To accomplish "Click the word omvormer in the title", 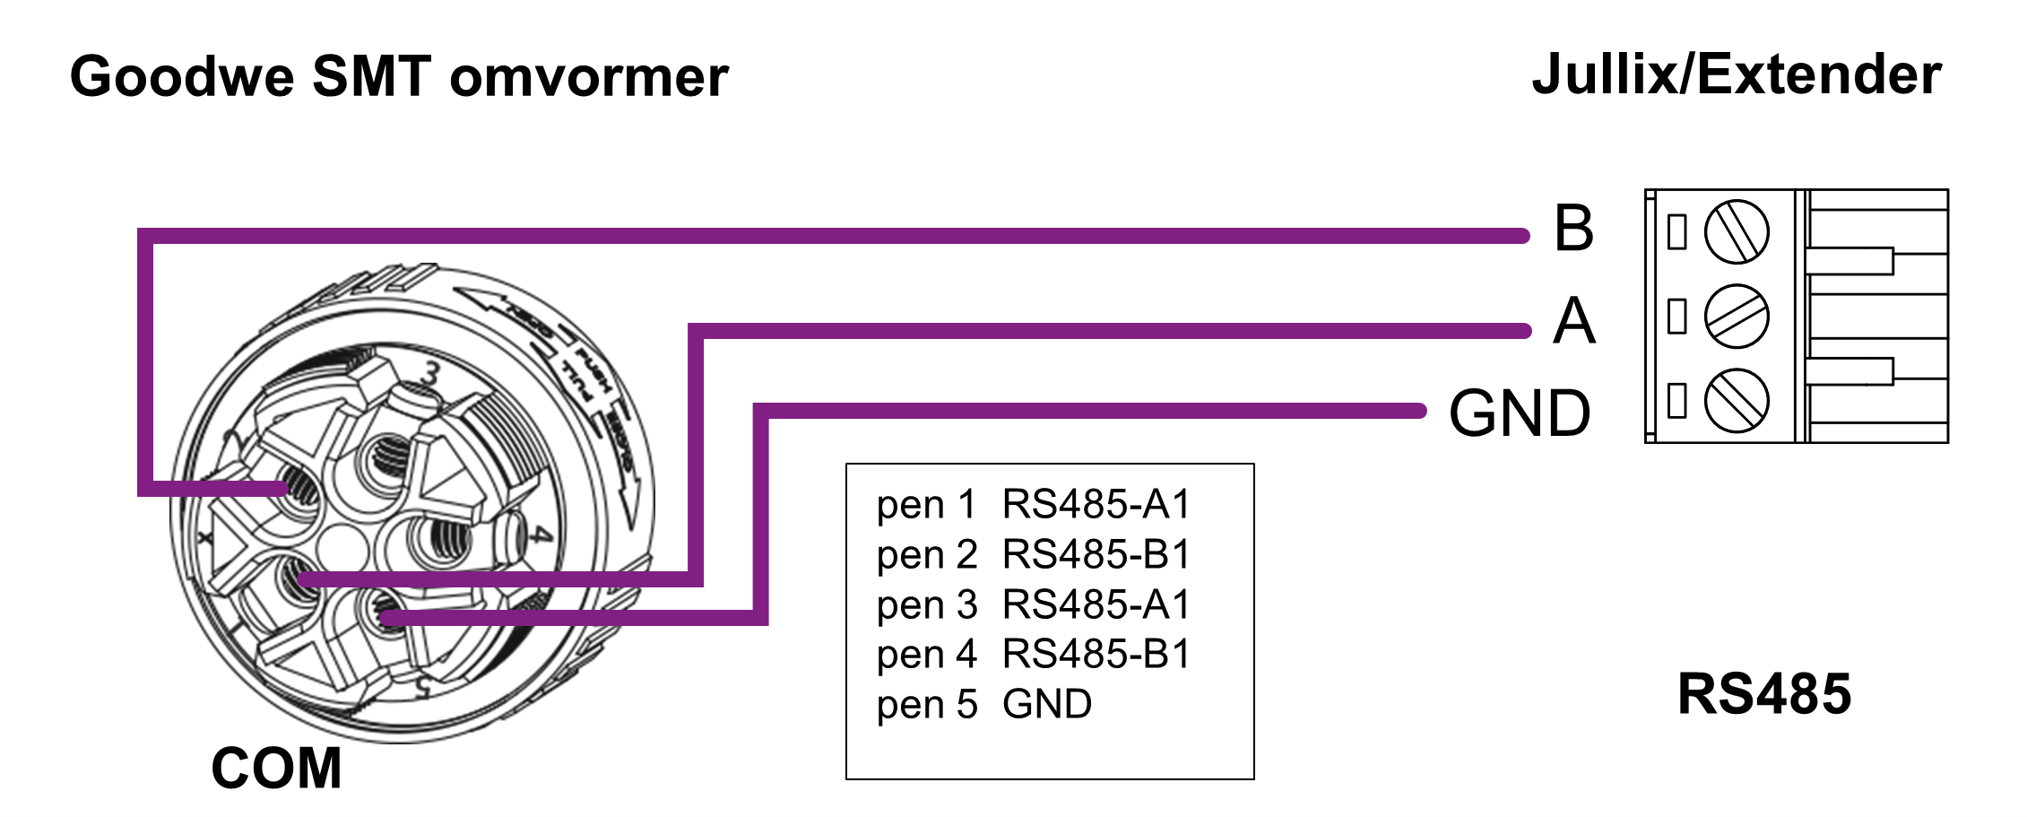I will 589,77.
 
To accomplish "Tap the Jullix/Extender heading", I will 1737,74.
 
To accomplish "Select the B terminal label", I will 1574,229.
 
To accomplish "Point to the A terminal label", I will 1574,321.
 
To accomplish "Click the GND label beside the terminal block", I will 1520,413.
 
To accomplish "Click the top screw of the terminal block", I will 1737,232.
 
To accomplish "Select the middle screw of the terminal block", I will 1737,317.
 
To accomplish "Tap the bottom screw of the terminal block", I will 1737,400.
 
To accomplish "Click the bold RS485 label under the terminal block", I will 1764,694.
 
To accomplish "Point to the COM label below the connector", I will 276,769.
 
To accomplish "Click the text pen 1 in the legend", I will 926,505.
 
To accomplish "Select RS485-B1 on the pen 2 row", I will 1096,555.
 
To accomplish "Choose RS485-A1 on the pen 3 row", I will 1096,605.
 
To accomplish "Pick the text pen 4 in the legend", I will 926,655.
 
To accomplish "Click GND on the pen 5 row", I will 1047,705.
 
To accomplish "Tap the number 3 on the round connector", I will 432,373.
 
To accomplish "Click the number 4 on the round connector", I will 539,535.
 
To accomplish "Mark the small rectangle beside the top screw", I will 1676,232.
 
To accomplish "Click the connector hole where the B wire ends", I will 299,490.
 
